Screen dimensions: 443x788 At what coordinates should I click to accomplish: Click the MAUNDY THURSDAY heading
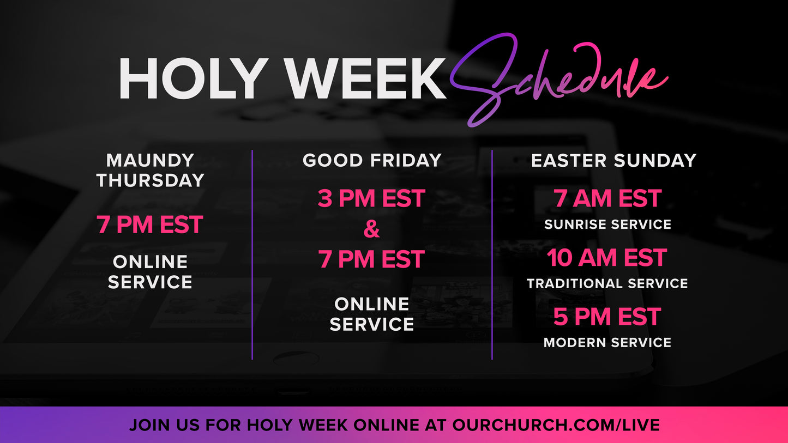(x=151, y=170)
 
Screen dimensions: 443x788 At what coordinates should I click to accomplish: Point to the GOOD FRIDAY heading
(x=372, y=160)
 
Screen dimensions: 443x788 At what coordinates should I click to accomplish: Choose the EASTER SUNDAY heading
(x=613, y=160)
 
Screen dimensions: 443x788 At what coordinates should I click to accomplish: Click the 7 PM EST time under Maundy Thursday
(x=150, y=225)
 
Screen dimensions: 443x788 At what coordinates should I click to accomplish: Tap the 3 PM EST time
(x=371, y=199)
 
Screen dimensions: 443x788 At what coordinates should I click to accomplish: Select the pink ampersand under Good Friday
(x=371, y=229)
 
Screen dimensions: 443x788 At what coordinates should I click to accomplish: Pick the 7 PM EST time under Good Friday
(x=371, y=259)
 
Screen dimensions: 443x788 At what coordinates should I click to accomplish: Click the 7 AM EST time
(x=607, y=199)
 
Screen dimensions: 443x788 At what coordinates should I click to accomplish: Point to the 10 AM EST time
(x=607, y=258)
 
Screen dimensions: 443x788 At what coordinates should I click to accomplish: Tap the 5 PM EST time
(x=607, y=317)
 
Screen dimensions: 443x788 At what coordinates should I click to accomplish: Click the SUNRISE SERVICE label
(x=607, y=224)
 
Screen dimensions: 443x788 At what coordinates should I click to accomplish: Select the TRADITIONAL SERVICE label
(x=607, y=283)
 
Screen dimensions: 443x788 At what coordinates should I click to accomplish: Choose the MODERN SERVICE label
(x=607, y=342)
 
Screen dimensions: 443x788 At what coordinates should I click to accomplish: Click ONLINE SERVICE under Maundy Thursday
(x=150, y=272)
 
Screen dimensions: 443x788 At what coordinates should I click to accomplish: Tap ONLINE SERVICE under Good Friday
(x=371, y=314)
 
